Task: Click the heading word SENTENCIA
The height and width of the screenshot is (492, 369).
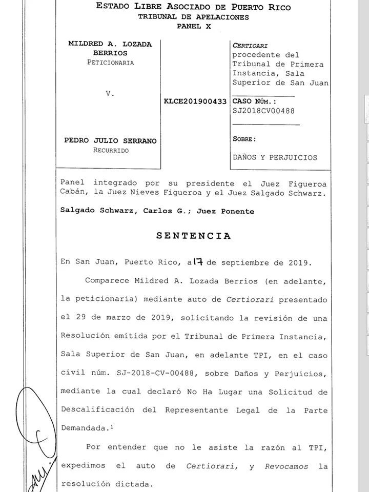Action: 193,236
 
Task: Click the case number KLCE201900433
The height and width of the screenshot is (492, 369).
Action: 195,101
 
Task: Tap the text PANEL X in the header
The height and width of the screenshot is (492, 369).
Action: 194,26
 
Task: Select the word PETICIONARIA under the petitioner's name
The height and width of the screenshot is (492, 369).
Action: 110,63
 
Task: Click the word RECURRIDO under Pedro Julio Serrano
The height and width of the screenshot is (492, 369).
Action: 111,151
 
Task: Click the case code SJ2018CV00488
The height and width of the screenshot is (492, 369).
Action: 263,111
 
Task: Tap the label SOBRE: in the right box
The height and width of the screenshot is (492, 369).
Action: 244,139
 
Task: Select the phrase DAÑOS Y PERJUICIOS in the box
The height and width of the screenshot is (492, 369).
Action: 275,158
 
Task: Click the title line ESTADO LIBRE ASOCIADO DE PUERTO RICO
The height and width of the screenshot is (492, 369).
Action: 193,7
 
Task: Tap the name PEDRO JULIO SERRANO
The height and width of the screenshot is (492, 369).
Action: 110,141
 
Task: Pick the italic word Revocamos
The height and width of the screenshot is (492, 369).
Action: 285,466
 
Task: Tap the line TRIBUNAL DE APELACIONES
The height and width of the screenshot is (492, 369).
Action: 193,17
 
